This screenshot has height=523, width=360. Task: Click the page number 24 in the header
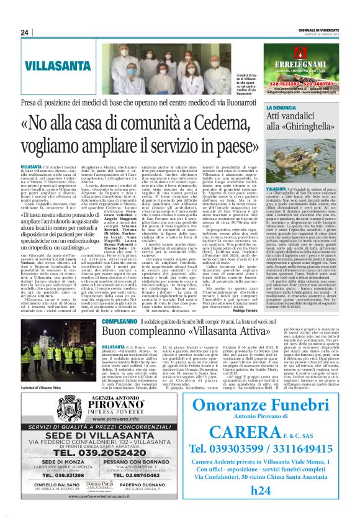[x=25, y=32]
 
